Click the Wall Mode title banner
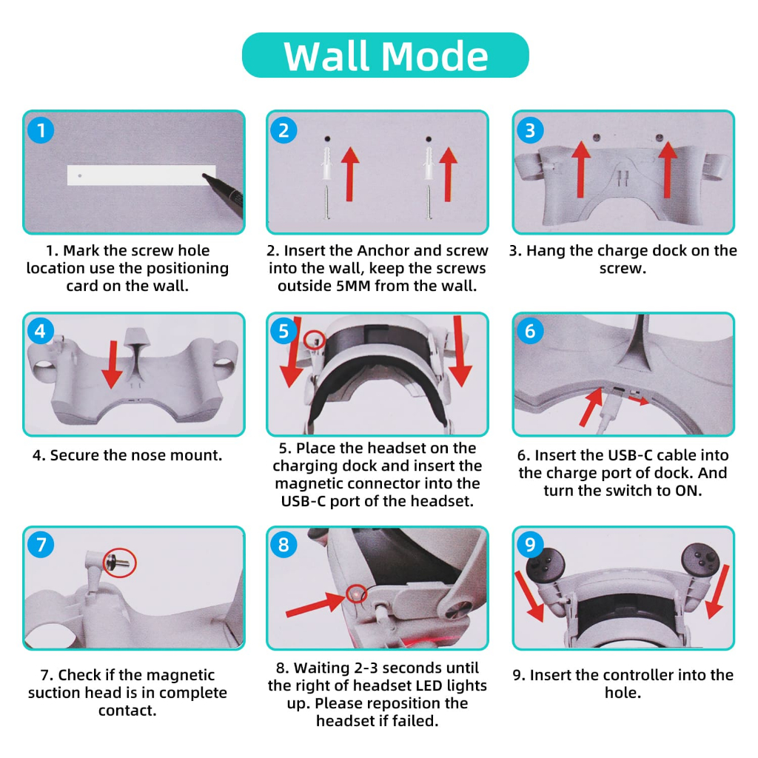click(385, 55)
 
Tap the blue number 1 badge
click(41, 130)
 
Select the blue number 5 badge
click(284, 331)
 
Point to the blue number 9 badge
click(530, 544)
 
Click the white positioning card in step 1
click(141, 175)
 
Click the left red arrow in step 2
click(350, 174)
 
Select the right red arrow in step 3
click(668, 170)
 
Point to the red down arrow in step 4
click(113, 364)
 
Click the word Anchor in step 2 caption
click(383, 250)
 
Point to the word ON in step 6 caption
click(686, 491)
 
